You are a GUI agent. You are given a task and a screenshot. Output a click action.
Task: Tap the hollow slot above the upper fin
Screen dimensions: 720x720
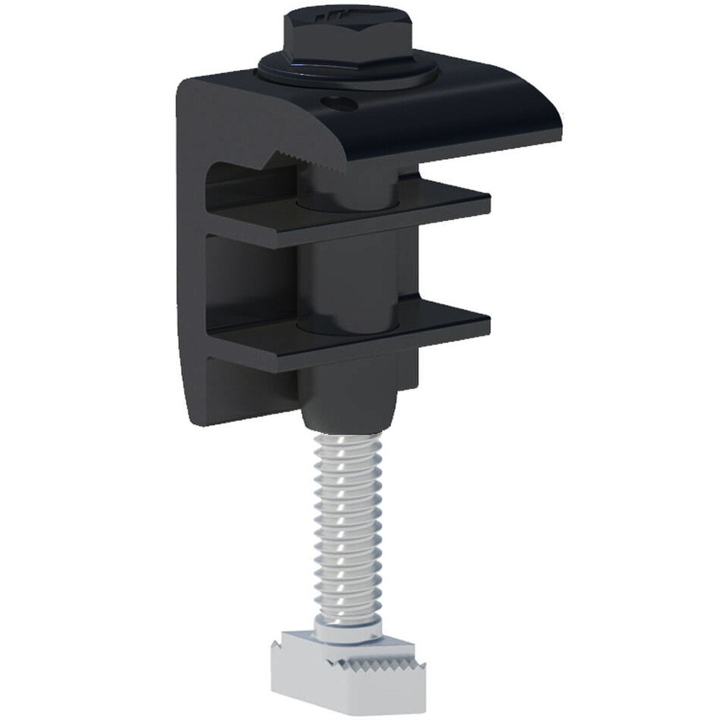click(240, 180)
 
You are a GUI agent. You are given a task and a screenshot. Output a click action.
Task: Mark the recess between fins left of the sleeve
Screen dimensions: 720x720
click(252, 282)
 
